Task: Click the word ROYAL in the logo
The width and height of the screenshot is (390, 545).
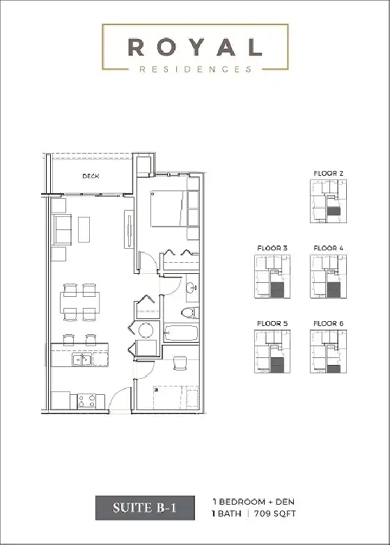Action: (194, 47)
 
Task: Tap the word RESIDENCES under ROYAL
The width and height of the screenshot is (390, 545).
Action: (194, 70)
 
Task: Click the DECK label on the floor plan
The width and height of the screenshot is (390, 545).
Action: (91, 177)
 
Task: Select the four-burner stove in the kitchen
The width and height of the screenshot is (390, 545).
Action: (86, 400)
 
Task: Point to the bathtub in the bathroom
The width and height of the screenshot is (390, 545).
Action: (180, 335)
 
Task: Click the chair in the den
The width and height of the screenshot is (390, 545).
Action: (180, 362)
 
